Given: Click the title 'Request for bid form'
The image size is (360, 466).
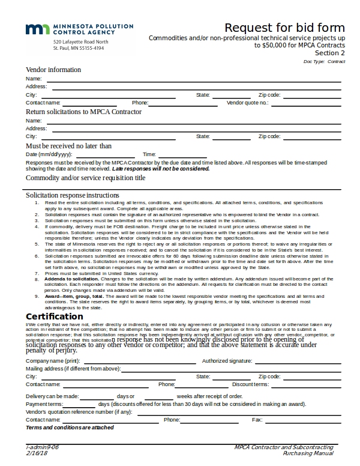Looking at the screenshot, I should click(284, 28).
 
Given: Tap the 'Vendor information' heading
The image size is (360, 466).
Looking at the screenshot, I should click(53, 70).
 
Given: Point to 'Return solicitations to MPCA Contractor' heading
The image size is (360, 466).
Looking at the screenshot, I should click(83, 112).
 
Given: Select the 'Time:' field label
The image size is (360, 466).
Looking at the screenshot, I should click(149, 154).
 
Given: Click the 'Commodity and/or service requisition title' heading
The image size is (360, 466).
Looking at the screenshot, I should click(85, 178).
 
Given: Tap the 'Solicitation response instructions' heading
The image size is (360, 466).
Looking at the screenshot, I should click(73, 195).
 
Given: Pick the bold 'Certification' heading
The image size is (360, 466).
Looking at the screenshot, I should click(55, 316).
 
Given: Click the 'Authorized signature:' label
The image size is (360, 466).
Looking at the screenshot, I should click(227, 360).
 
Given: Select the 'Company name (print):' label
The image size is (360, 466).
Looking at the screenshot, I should click(53, 360).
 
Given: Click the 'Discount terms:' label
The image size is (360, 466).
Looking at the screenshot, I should click(250, 384).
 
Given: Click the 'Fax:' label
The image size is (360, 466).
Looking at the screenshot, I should click(257, 420).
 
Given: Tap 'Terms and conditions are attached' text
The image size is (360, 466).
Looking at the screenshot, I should click(70, 428).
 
